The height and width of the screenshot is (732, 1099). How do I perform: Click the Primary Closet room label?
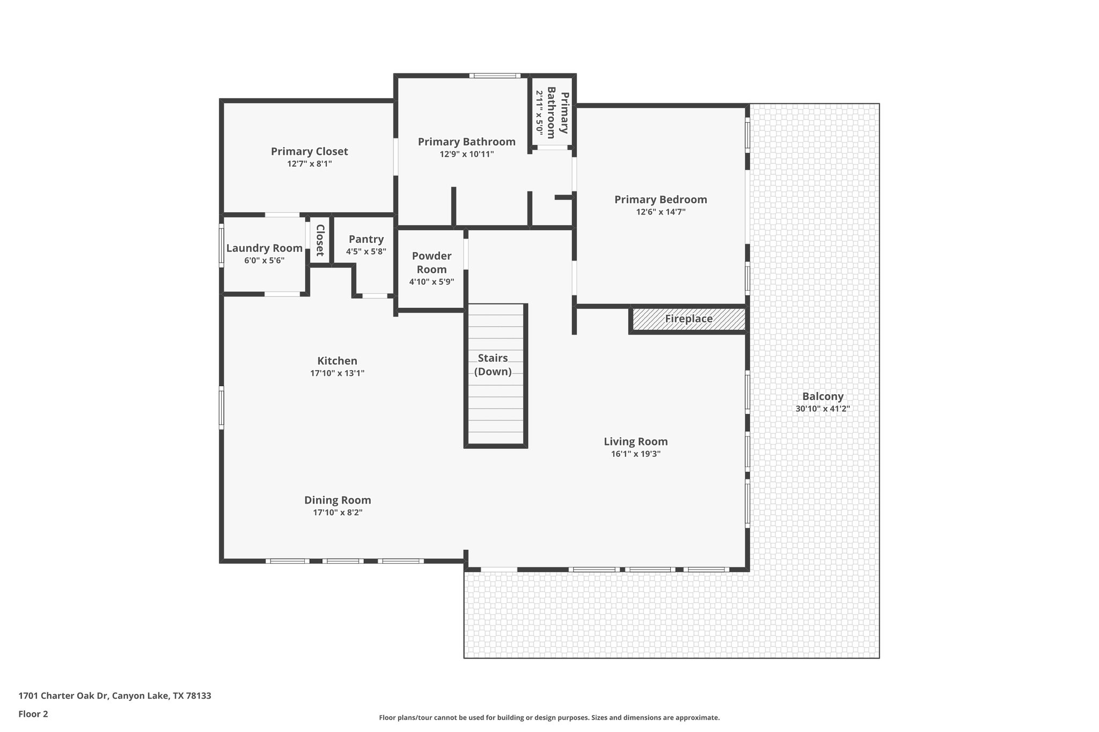point(309,152)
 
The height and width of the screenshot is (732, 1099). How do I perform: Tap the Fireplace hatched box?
point(688,319)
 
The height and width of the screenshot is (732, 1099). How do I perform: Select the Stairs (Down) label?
point(493,365)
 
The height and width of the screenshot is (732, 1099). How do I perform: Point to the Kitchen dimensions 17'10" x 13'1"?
point(337,373)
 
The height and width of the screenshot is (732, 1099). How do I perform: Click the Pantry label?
point(366,239)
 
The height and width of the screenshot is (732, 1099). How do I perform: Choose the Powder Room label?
point(431,262)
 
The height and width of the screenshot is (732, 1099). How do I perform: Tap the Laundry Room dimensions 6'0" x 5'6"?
point(264,261)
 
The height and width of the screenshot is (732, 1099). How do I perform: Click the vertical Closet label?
point(320,240)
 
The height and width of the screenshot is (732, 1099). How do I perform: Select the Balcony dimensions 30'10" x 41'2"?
point(823,409)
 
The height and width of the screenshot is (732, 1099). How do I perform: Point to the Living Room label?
point(635,441)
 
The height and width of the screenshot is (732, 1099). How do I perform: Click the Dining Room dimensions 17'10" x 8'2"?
point(338,513)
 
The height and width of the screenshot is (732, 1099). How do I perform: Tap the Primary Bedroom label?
point(661,199)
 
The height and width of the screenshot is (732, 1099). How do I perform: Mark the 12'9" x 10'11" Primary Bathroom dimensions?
point(466,154)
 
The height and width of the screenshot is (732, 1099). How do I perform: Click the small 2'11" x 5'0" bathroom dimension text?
point(539,114)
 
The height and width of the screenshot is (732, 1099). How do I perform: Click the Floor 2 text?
point(33,714)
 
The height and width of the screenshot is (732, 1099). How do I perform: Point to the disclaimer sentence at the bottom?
point(549,718)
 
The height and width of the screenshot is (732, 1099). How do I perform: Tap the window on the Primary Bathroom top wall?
point(495,76)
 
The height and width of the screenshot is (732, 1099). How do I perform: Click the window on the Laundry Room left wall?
point(221,245)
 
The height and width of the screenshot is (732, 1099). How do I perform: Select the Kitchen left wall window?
point(221,408)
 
